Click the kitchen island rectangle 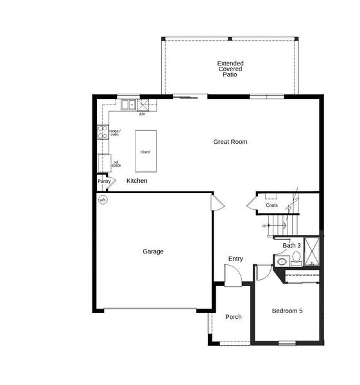coord(146,151)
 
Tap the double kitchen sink coord(128,105)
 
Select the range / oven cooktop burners coord(101,132)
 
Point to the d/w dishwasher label coord(142,114)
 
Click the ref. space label coord(116,164)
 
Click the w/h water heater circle coord(103,200)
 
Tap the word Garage coord(153,252)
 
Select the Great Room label coord(230,142)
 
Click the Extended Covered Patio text coord(230,69)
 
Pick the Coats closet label coord(272,205)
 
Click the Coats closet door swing coord(252,205)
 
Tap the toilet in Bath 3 coord(296,259)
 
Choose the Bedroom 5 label coord(286,311)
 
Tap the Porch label coord(233,317)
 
